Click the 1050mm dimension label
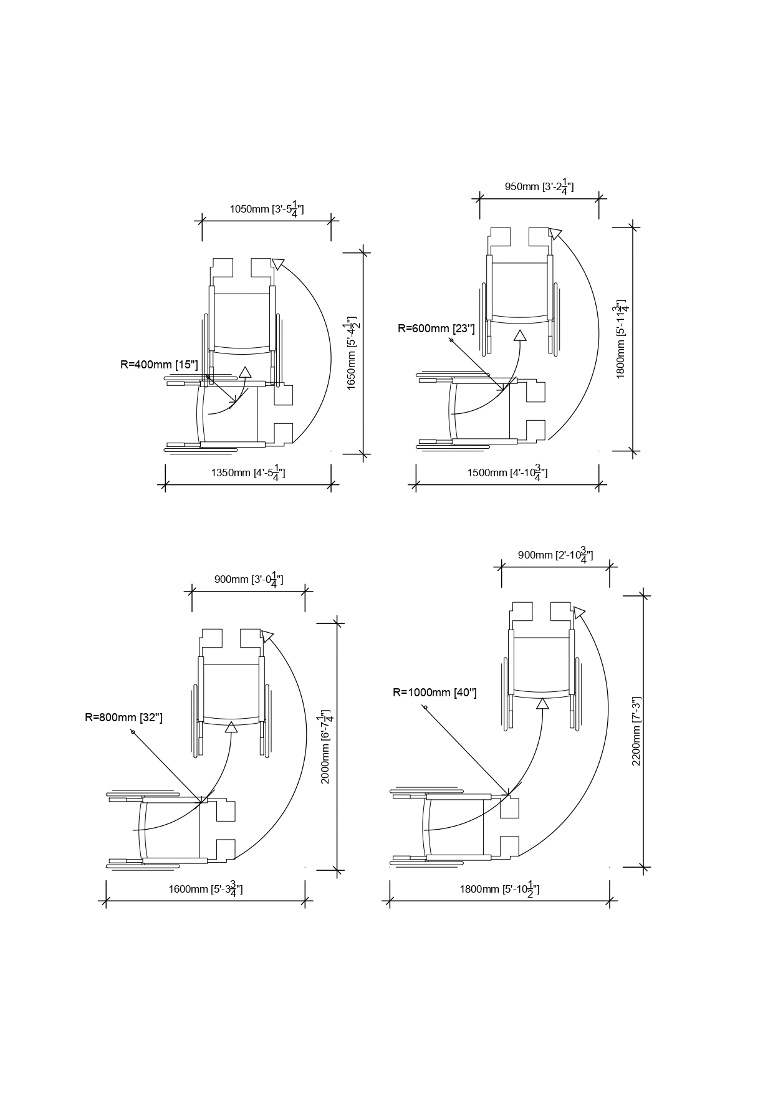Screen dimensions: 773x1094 coord(267,209)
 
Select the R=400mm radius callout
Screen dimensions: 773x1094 coord(159,364)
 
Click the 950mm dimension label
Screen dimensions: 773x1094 coord(539,186)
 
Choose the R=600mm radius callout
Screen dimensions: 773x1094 coord(436,329)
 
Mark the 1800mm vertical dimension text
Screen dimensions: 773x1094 coord(622,340)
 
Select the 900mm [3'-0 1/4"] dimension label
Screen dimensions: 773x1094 coord(249,579)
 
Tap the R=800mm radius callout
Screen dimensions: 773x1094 coord(123,717)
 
